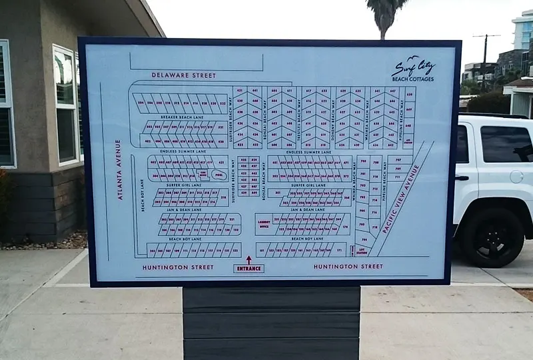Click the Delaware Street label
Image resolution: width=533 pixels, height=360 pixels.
coord(184,75)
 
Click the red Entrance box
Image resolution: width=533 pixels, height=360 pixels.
coord(249,268)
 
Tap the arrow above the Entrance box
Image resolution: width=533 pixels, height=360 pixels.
coord(249,259)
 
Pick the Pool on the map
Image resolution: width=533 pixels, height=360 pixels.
coord(218,175)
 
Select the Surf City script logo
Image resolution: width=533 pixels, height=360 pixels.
coord(413,67)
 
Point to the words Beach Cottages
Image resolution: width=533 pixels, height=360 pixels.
coord(412,79)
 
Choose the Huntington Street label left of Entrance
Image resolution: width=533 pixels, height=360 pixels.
coord(178,267)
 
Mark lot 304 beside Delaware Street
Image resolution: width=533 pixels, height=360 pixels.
coord(141,103)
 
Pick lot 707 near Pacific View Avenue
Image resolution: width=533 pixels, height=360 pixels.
coord(398,160)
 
